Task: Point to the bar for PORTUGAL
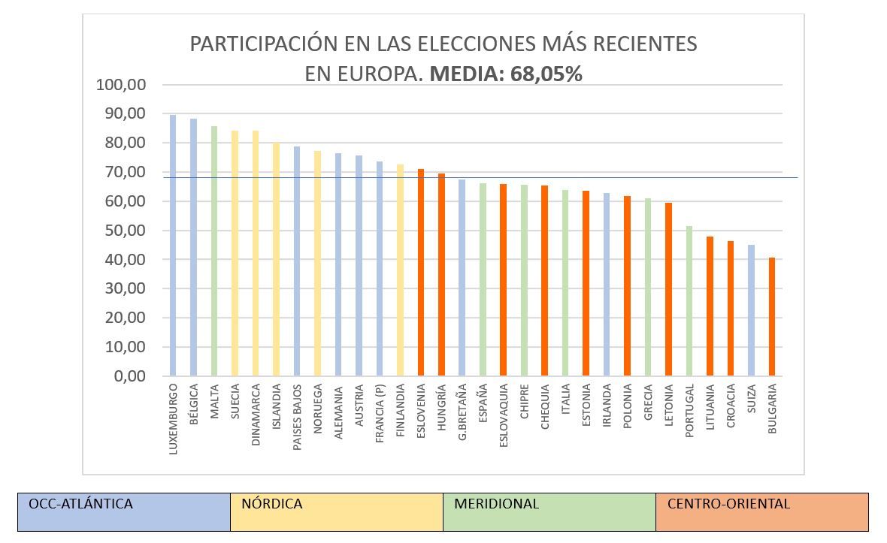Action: (x=689, y=300)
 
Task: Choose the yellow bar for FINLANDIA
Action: (x=400, y=270)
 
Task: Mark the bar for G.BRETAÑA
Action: (x=462, y=277)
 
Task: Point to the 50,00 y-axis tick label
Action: (x=124, y=231)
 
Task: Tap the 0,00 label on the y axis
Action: (x=129, y=376)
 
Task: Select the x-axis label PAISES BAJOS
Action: (x=297, y=417)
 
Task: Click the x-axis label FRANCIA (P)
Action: (x=380, y=413)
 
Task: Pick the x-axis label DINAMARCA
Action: (x=256, y=415)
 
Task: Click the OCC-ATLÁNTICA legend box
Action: (x=124, y=511)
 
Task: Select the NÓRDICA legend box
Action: (x=337, y=511)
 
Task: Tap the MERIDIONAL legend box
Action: (x=549, y=511)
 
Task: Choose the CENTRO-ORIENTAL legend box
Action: (x=762, y=511)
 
